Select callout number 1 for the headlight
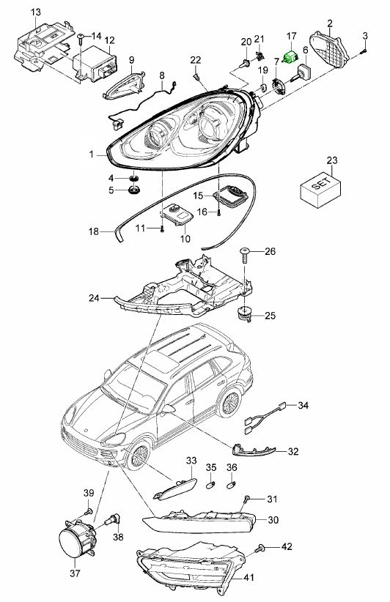coord(92,155)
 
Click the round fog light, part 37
coord(74,544)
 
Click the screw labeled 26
coord(245,254)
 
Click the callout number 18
coord(93,232)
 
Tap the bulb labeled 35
coord(211,483)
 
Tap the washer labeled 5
coord(134,192)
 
